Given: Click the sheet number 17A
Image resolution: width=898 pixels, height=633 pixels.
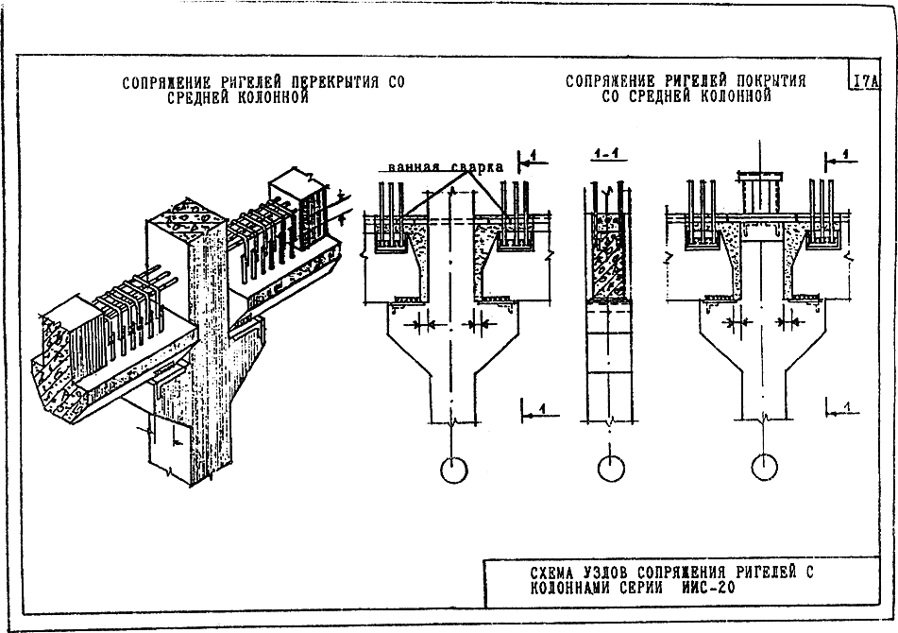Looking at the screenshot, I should (x=865, y=81).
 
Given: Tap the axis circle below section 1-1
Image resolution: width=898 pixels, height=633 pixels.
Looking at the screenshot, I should (x=612, y=470).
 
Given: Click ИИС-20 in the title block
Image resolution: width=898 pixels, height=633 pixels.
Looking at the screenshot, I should (x=704, y=588).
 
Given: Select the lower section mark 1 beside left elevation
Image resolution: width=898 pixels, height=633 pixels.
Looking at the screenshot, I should (x=538, y=407).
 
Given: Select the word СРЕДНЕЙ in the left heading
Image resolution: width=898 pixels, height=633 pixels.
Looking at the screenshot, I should (x=203, y=96).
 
